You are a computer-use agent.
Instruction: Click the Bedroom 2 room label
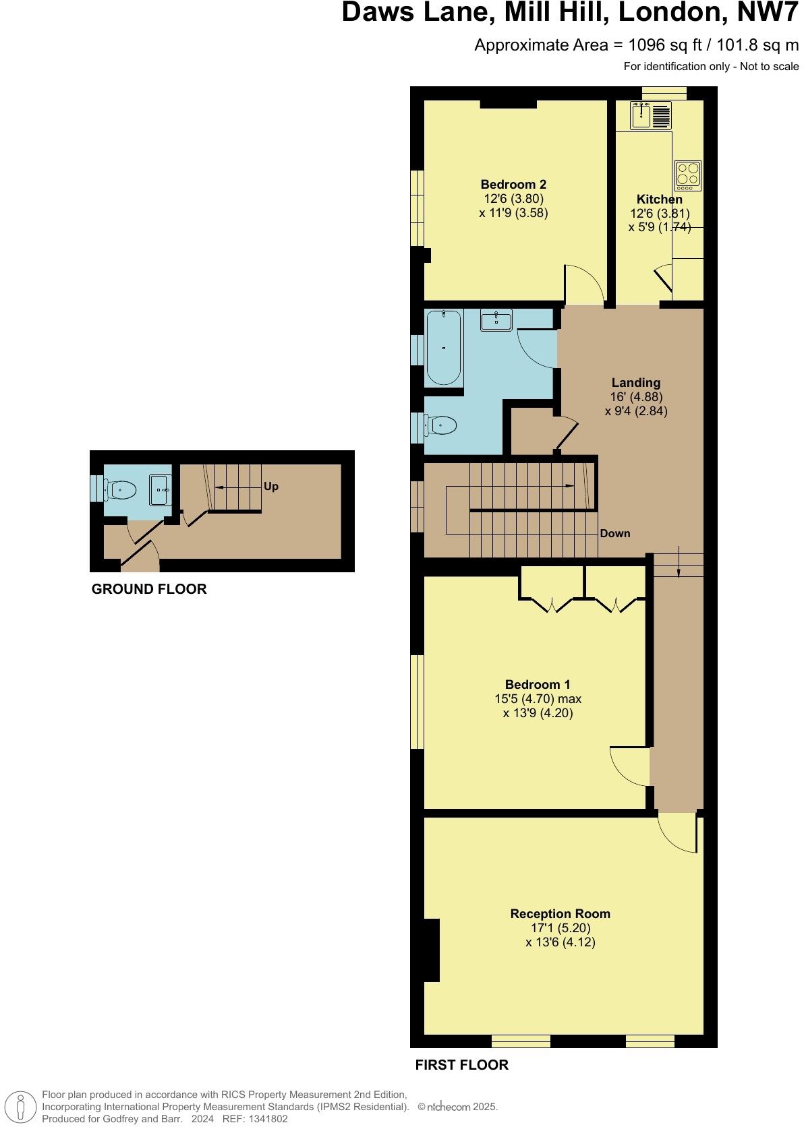point(513,185)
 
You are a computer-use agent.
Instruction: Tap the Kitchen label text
point(659,200)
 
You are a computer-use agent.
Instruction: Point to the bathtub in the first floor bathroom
point(443,347)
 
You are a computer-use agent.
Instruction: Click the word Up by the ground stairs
point(271,487)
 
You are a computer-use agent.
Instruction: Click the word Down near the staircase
point(614,534)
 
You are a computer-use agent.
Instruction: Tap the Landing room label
point(636,383)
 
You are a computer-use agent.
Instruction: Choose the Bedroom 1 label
point(538,685)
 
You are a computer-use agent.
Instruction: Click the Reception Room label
point(560,914)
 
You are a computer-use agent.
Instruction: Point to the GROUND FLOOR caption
point(149,589)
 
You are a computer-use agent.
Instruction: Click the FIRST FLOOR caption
point(461,1065)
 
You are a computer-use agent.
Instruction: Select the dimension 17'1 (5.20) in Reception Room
point(560,928)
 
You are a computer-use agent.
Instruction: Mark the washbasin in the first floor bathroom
point(496,319)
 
